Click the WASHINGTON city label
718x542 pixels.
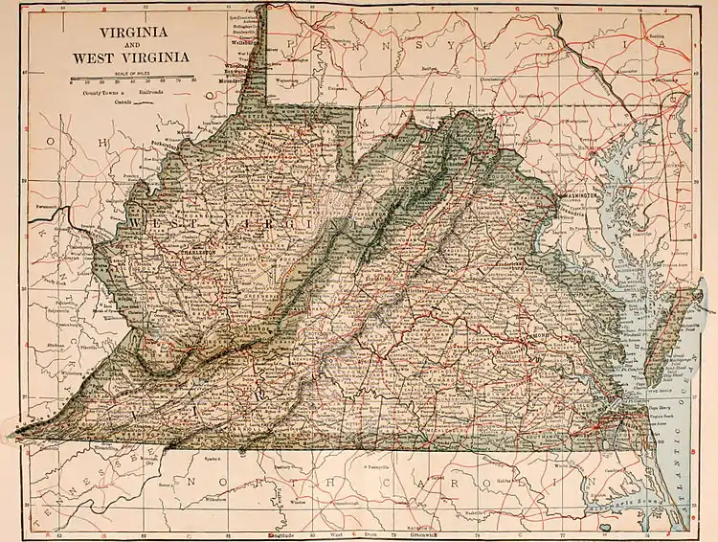[x=577, y=194]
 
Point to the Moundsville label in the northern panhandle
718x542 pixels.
[x=251, y=83]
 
